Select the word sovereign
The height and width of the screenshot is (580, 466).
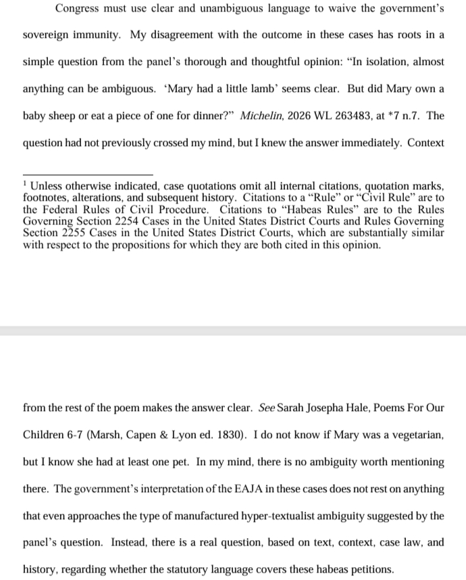point(47,34)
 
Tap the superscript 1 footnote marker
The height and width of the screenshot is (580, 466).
point(24,183)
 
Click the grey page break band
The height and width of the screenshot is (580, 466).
point(233,331)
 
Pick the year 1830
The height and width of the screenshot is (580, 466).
point(224,435)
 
